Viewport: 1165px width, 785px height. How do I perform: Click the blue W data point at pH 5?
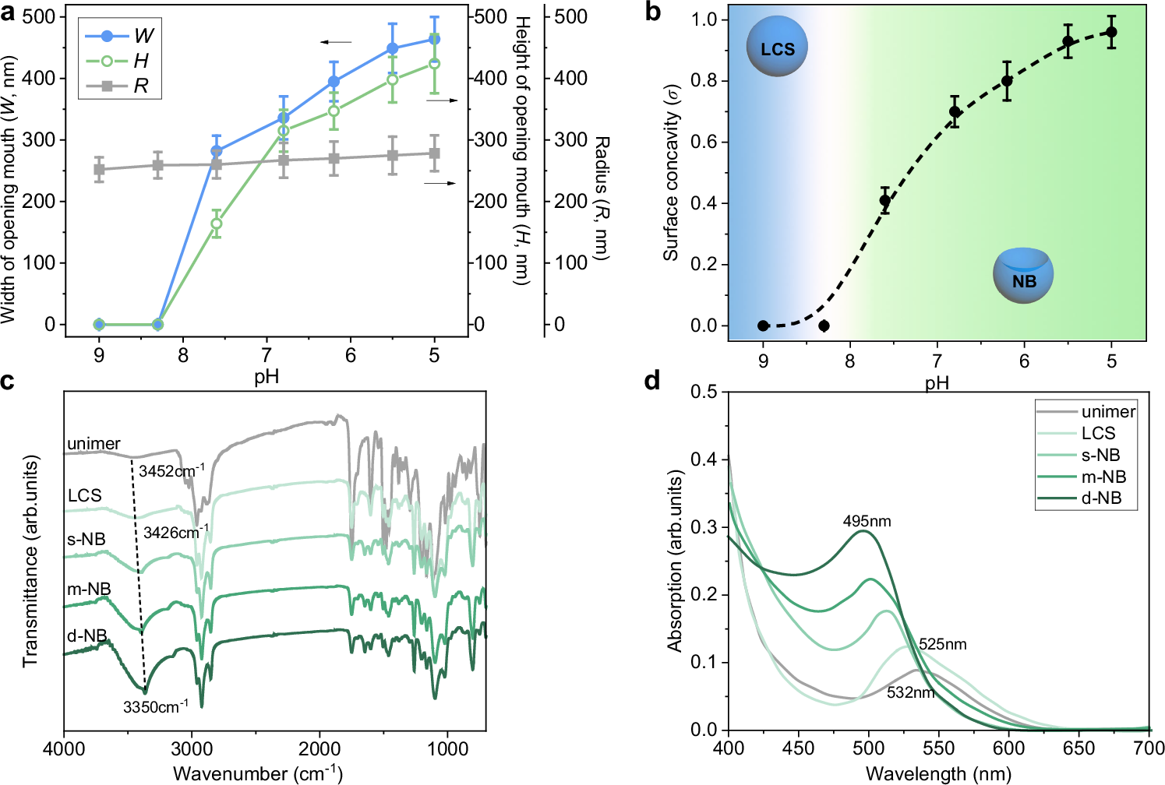pos(434,39)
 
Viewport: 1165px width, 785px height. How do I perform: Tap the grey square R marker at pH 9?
pos(99,169)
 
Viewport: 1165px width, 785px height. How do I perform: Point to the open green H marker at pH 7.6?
pos(217,224)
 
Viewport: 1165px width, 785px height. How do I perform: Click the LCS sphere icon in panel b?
pos(777,48)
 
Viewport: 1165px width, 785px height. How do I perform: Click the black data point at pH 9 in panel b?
pos(763,326)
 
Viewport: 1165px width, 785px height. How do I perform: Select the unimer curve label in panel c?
pos(94,444)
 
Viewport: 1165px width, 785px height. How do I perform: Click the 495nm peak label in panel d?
pos(867,521)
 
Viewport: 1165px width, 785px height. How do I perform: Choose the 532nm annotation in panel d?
pos(910,692)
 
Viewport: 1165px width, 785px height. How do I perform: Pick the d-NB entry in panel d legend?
pos(1100,498)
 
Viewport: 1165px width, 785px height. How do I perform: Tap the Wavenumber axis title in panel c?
pos(257,773)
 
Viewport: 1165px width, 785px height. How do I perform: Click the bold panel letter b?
pos(653,12)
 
